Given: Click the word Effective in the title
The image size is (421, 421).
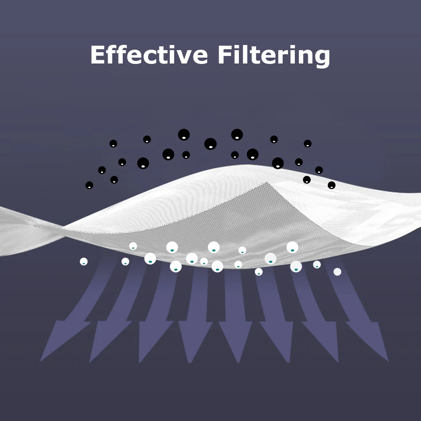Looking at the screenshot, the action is (x=149, y=55).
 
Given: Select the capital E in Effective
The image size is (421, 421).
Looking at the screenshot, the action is (x=98, y=55).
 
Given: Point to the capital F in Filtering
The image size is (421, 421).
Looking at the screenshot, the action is (x=224, y=55).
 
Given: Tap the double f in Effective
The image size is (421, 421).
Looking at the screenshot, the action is (x=119, y=55).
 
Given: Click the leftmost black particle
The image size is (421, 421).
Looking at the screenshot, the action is (x=89, y=185).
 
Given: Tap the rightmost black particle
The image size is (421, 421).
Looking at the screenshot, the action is (x=331, y=185).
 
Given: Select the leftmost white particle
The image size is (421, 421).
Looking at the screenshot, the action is (x=84, y=262).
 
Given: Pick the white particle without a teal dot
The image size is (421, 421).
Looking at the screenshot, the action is (x=337, y=272).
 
